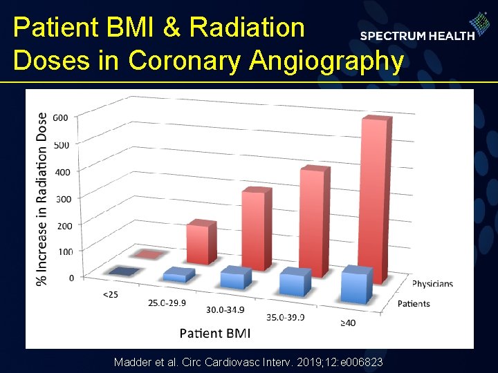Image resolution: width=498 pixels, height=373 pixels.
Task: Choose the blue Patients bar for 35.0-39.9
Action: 295,283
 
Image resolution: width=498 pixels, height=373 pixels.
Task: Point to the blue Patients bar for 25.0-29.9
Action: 178,275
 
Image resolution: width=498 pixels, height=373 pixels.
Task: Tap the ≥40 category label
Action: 348,323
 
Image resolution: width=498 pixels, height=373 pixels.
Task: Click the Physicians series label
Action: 432,284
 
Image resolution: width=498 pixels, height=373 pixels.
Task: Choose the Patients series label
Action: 414,303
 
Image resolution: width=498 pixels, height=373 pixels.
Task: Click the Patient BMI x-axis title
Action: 215,334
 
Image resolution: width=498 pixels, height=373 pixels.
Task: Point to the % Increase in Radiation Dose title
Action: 43,198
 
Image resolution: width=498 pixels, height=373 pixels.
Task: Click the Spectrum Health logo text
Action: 417,35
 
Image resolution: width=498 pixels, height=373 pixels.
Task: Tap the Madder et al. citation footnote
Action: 248,363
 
